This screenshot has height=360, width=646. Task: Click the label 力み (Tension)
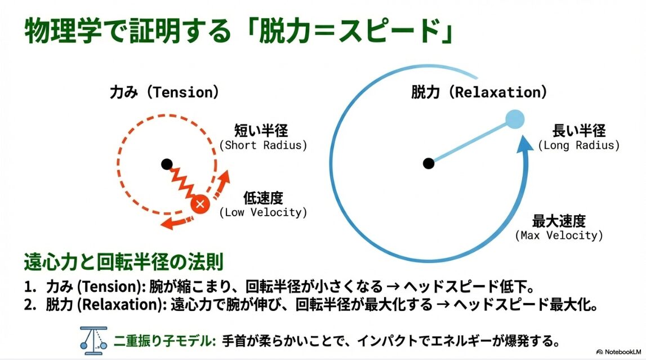tap(164, 93)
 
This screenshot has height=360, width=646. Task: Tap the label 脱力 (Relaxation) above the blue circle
tap(479, 93)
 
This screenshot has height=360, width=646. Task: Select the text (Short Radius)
tap(263, 145)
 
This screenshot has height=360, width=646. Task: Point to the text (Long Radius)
tap(578, 145)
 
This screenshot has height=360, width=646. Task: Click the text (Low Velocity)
tap(263, 212)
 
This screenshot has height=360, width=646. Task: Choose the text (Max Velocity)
tap(559, 235)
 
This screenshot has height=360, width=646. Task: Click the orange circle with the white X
tap(199, 204)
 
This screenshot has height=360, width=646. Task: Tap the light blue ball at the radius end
tap(515, 119)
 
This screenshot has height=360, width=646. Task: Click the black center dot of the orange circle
tap(166, 164)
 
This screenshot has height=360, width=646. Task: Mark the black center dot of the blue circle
tap(429, 164)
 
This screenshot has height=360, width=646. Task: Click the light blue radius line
tap(470, 142)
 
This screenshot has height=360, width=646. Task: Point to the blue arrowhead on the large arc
tap(525, 144)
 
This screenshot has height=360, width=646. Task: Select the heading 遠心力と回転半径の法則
tap(124, 262)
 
